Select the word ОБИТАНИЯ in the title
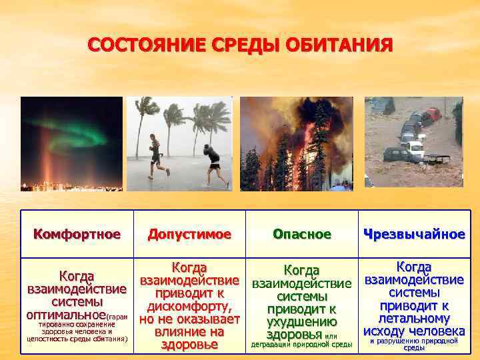point(341,47)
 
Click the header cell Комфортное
point(77,235)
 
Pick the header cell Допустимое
point(189,235)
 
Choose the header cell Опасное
point(302,235)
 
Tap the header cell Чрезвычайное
point(413,235)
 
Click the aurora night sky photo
point(71,144)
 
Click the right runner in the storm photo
point(213,165)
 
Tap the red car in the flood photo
point(433,114)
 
